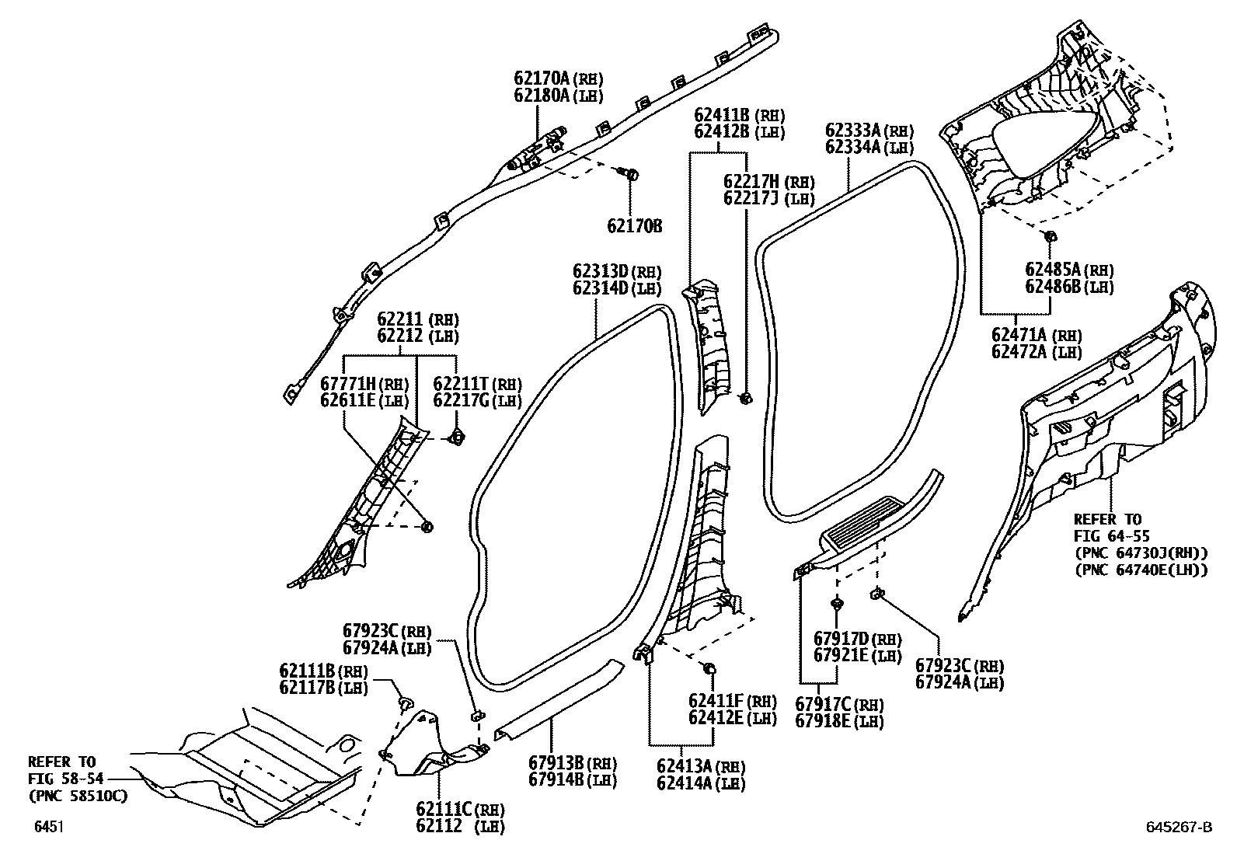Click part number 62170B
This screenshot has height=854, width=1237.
tap(634, 226)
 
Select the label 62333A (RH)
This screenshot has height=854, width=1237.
tap(869, 131)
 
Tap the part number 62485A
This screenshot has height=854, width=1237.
tap(1053, 270)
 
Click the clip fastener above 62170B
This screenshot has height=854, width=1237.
tap(630, 174)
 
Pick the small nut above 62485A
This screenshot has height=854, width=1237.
tap(1049, 235)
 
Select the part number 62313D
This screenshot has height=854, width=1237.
tap(600, 271)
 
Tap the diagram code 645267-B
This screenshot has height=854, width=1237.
tap(1177, 827)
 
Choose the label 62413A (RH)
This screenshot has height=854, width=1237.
tap(700, 767)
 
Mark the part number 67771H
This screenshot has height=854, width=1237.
tap(347, 383)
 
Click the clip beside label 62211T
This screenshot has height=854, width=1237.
tap(458, 438)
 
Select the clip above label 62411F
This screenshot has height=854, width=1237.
tap(709, 668)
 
